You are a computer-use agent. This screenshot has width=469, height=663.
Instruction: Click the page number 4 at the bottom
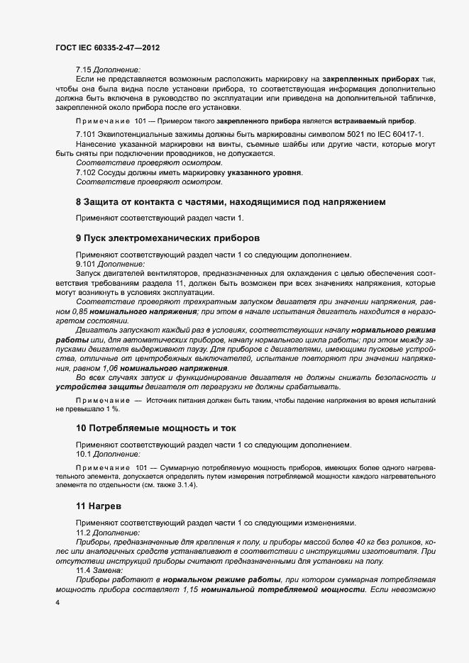[x=57, y=602]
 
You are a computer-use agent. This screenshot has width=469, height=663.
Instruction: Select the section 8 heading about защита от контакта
[x=231, y=202]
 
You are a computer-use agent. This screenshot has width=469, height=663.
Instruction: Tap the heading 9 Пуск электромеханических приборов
[x=167, y=237]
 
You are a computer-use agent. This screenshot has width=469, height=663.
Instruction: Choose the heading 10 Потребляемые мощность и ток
[x=156, y=428]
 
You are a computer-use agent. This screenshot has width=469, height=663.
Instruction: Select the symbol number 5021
[x=336, y=134]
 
